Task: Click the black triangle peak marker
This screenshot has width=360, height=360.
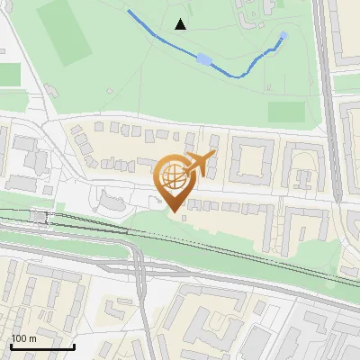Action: point(181,24)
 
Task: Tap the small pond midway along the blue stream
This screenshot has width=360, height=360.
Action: point(204,60)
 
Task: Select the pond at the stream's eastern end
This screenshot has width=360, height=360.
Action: point(283,37)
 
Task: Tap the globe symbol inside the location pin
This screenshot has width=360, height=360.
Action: point(173,176)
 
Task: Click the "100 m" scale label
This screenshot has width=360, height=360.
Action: point(23,338)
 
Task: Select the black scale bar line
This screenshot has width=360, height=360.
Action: point(41,346)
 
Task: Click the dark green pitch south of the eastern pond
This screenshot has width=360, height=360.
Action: point(286,112)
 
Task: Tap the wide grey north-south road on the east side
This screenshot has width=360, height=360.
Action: point(331,135)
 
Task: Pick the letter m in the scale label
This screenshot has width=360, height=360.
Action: point(31,338)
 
